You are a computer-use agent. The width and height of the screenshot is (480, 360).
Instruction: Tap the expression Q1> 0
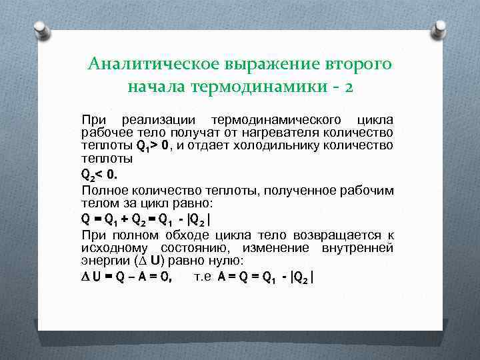click(x=154, y=145)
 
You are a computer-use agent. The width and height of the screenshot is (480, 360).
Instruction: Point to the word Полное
click(x=100, y=190)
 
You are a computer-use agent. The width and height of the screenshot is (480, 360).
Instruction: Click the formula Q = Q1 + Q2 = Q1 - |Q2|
click(x=145, y=219)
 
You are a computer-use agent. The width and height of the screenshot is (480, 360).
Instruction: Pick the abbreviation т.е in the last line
click(x=203, y=277)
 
